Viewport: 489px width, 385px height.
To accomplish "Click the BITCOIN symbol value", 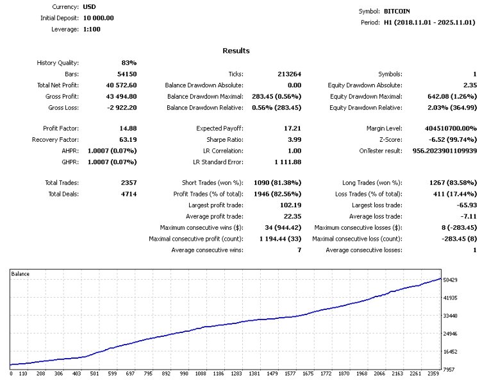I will (397, 11).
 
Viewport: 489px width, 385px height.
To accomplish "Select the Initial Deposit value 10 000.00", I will (99, 18).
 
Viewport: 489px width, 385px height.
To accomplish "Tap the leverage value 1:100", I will (92, 29).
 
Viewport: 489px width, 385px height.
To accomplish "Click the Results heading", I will (236, 51).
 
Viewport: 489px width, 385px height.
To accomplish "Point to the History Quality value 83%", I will (129, 63).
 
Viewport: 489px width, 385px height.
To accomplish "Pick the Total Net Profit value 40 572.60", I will (118, 85).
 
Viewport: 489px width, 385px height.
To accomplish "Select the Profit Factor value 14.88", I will (127, 128).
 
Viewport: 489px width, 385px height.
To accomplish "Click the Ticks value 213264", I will (288, 74).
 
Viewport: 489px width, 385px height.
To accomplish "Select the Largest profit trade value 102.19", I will (288, 205).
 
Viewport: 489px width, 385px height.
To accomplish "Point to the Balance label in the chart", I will (21, 274).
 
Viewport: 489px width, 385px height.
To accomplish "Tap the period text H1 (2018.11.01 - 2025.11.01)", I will (429, 22).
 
